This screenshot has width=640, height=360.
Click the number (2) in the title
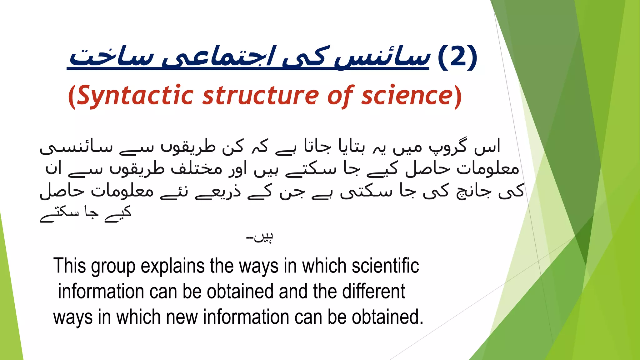pyautogui.click(x=457, y=57)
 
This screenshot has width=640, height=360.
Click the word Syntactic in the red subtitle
pyautogui.click(x=135, y=95)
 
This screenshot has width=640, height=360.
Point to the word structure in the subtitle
pyautogui.click(x=261, y=95)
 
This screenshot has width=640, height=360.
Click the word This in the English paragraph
pyautogui.click(x=69, y=266)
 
